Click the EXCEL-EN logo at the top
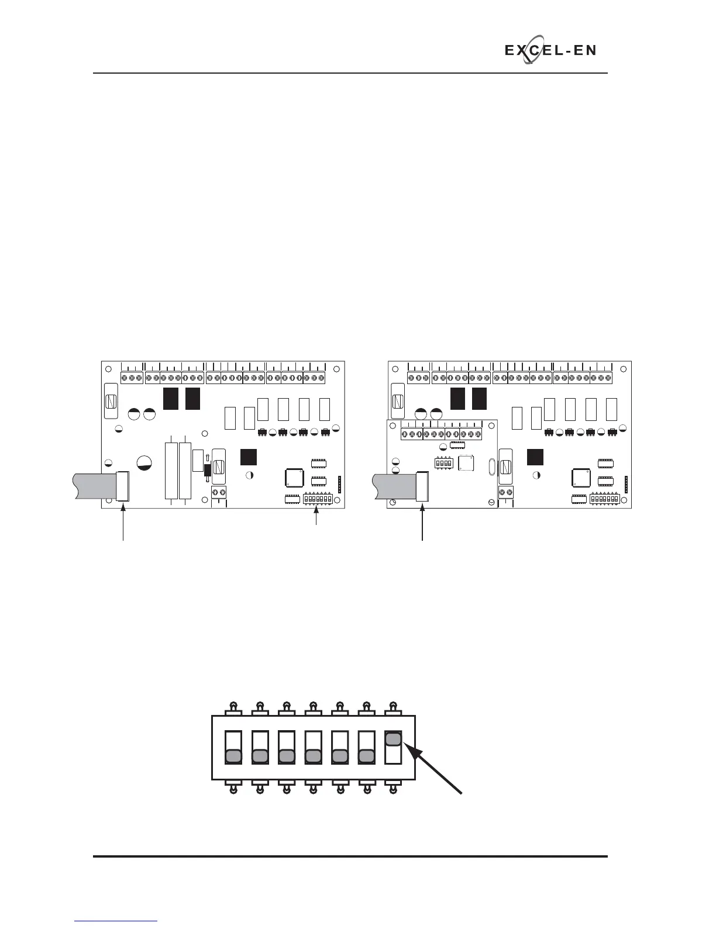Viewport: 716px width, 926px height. click(550, 51)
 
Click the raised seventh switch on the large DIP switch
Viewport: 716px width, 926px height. click(394, 739)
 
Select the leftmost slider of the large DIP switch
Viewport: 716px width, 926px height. click(233, 756)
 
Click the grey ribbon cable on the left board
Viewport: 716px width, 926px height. click(94, 486)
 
